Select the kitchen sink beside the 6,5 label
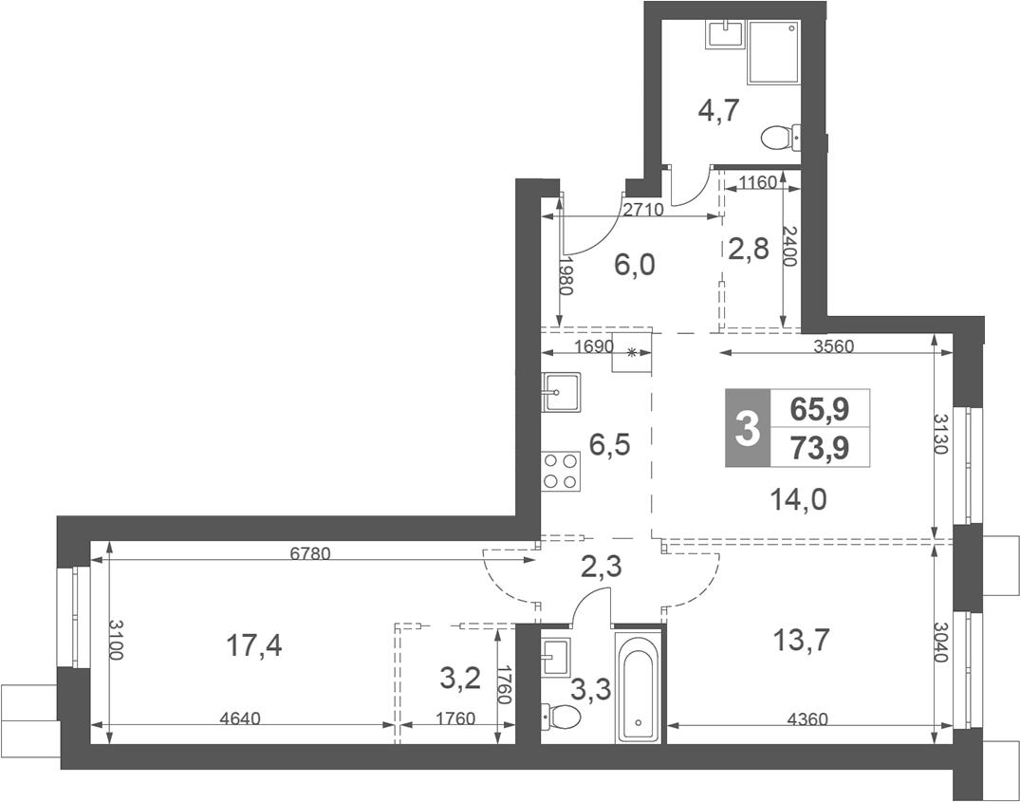tap(561, 392)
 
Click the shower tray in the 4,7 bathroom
tap(774, 52)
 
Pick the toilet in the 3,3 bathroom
tap(561, 717)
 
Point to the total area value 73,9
tap(820, 448)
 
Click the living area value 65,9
tap(820, 409)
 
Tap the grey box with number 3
tap(748, 428)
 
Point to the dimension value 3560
tap(833, 346)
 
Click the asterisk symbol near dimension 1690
tap(631, 353)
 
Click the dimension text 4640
tap(241, 718)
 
